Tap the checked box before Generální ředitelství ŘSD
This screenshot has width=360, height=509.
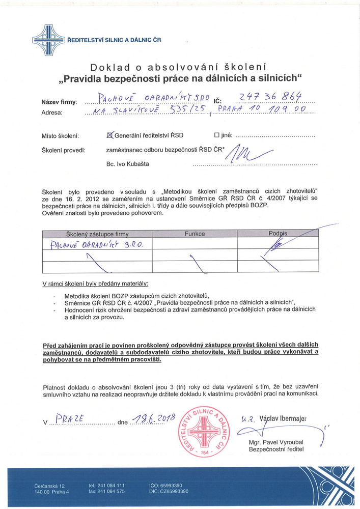109,135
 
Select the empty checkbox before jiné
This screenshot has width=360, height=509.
217,135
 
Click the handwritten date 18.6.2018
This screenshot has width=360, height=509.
153,419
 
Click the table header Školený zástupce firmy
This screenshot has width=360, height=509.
97,234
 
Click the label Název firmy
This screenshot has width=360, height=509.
59,102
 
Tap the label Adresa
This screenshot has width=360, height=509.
52,112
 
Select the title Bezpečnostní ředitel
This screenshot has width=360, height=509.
276,450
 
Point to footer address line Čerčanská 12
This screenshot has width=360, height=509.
49,486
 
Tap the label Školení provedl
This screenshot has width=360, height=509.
63,151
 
